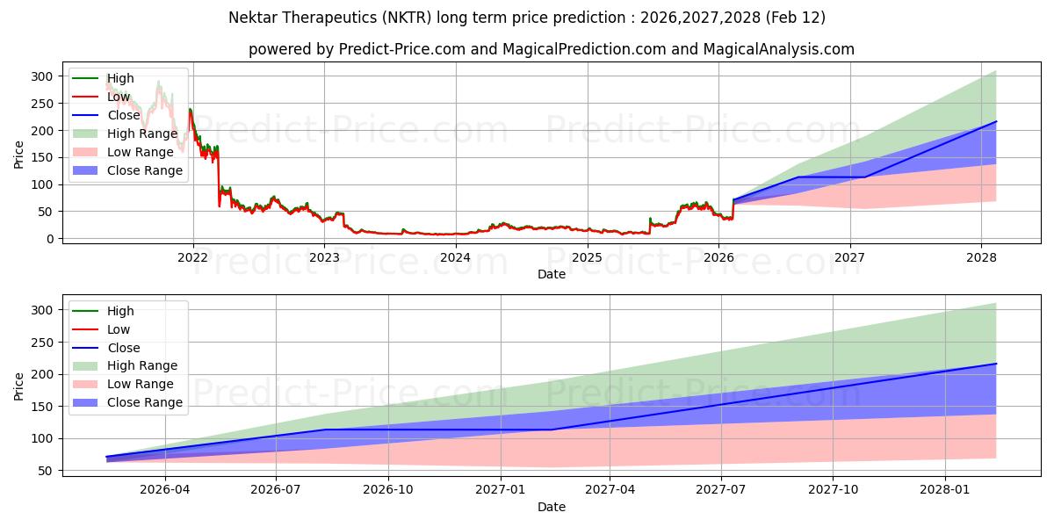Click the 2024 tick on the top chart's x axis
point(455,257)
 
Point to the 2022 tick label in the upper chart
point(192,257)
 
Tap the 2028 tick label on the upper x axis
point(981,257)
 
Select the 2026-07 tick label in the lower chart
point(276,490)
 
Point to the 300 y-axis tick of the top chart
point(41,76)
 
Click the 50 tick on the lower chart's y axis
point(45,471)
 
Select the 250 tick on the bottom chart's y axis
point(41,343)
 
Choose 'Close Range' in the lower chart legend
point(144,402)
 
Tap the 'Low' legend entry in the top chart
point(119,97)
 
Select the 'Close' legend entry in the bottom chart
point(123,348)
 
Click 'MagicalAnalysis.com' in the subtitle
point(778,49)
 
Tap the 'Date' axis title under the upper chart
point(552,274)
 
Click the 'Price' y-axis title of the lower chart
point(19,386)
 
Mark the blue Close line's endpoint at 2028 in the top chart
point(996,121)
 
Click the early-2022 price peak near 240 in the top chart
point(190,110)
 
